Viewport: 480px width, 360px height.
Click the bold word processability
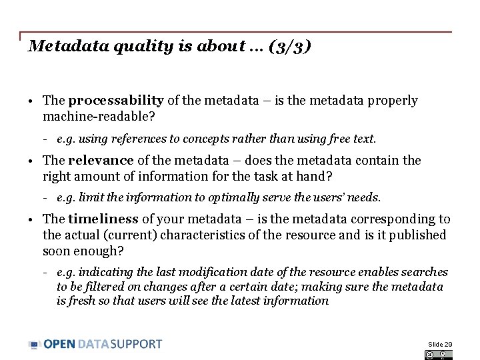[116, 101]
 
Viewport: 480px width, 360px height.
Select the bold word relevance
[101, 160]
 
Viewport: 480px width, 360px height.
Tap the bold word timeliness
[103, 219]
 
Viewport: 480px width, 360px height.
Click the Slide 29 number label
[440, 344]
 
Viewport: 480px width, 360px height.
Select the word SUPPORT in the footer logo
[136, 344]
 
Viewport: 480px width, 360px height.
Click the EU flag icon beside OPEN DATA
[35, 345]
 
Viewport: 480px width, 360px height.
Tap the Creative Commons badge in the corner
[438, 355]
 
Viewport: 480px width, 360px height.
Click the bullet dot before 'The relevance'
[31, 161]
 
